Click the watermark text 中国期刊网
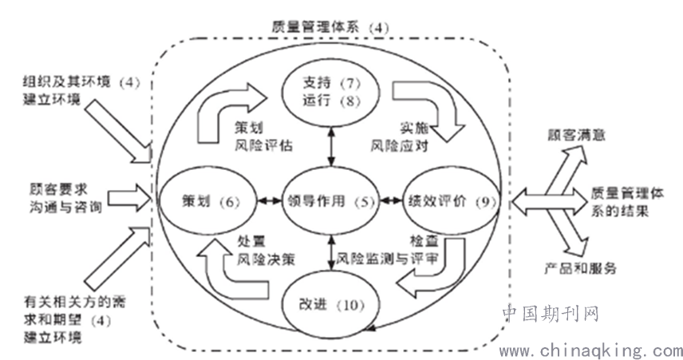[x=551, y=314]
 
